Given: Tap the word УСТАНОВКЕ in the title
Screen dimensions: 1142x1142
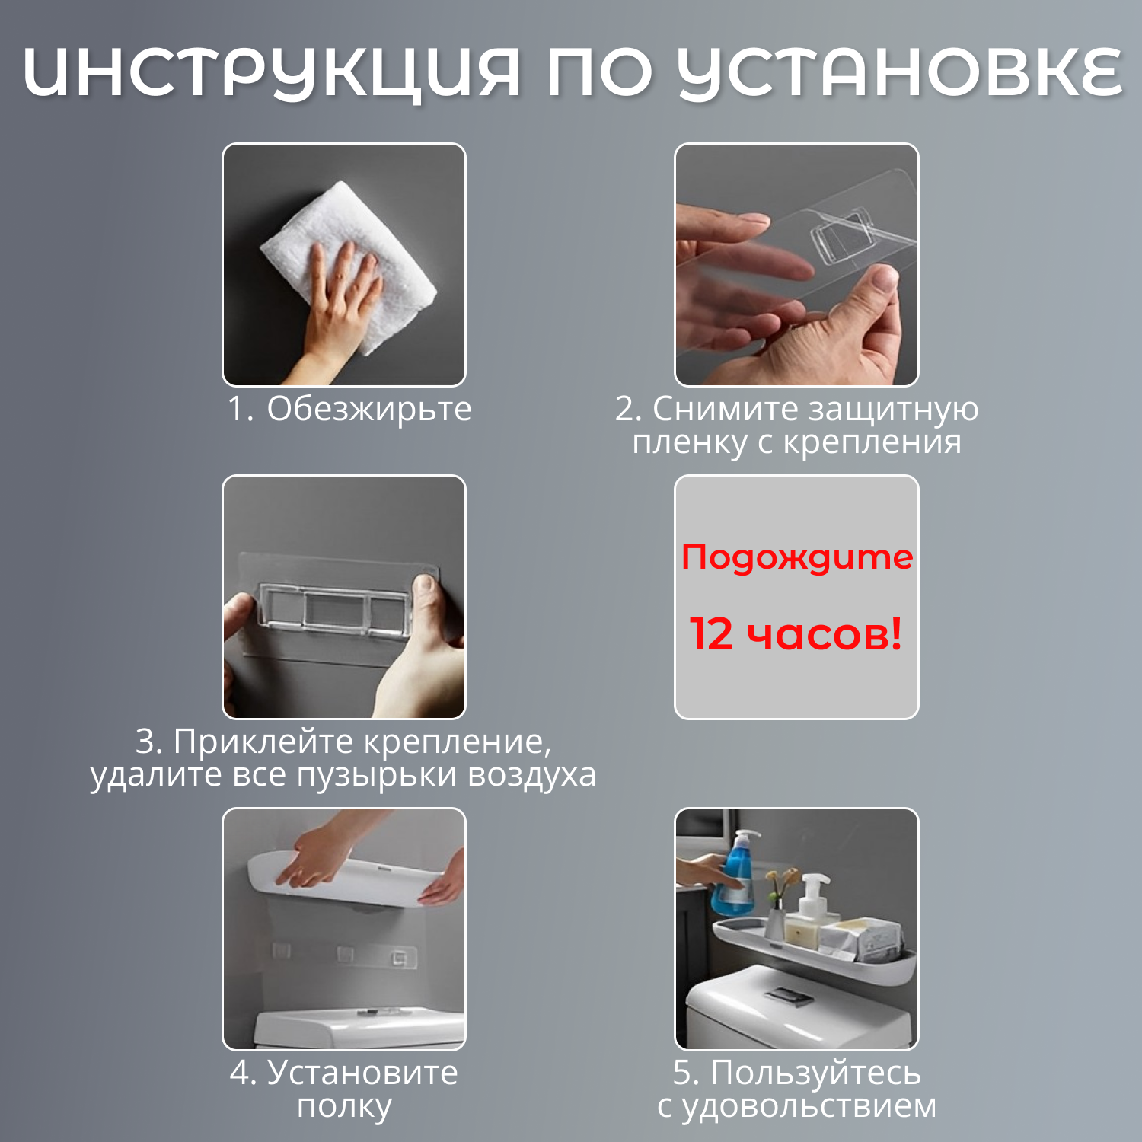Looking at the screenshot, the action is [x=900, y=74].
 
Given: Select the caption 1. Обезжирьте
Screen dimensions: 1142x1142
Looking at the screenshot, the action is [x=349, y=409].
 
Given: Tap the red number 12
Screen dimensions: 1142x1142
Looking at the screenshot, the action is [x=711, y=633].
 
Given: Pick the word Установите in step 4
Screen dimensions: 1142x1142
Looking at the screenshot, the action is [x=362, y=1073].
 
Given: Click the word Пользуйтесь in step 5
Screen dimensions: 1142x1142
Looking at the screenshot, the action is [x=815, y=1073].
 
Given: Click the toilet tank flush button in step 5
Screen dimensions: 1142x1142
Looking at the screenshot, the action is [x=790, y=996].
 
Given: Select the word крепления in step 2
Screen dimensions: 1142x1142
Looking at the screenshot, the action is [x=872, y=442].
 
